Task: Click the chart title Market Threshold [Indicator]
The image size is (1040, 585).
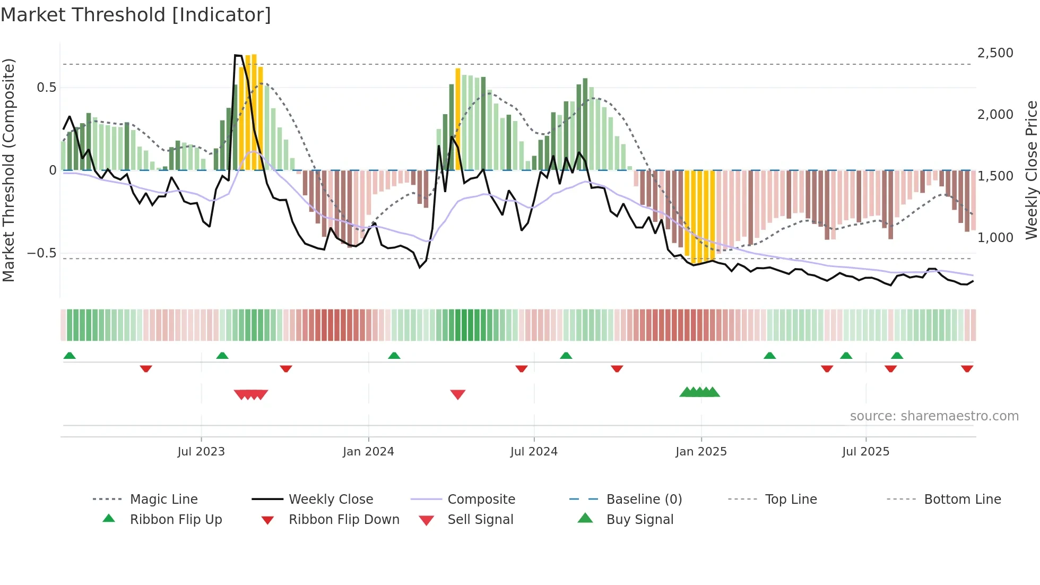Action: [136, 15]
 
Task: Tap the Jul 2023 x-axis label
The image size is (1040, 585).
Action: [201, 452]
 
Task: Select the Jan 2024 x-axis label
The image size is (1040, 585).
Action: [368, 452]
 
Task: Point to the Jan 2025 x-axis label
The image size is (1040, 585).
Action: [701, 452]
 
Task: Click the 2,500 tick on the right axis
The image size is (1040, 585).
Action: [995, 53]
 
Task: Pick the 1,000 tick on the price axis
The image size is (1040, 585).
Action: [995, 238]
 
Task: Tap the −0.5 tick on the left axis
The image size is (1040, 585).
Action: [42, 253]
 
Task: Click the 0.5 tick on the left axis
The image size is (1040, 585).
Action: [47, 88]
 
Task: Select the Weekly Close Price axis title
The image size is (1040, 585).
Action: [1031, 170]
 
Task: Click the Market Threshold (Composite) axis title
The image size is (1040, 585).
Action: [8, 170]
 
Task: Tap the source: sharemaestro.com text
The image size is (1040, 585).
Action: [934, 416]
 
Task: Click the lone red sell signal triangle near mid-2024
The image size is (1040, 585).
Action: [457, 394]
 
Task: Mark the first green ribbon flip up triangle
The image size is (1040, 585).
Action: [70, 356]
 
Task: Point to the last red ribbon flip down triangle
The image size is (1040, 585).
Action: [967, 368]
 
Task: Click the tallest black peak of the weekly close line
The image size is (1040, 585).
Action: [238, 55]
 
